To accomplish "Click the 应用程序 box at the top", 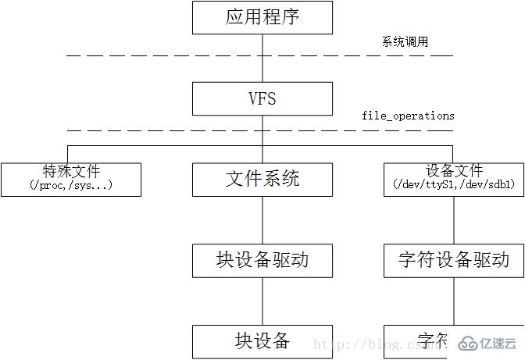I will tap(262, 17).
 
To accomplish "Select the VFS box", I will tap(262, 99).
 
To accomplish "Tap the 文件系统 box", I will tap(262, 179).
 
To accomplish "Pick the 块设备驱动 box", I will tap(262, 260).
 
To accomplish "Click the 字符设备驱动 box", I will tap(453, 260).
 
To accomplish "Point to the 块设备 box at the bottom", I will tap(262, 341).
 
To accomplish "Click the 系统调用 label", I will tap(405, 42).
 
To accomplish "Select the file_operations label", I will tap(407, 116).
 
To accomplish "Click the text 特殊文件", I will tap(71, 171).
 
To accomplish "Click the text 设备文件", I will tap(454, 171).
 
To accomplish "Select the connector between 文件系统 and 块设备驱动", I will tap(262, 219).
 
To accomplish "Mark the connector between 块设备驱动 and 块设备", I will tap(262, 301).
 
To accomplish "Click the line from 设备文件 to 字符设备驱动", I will tap(454, 219).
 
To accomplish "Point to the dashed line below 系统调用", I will tap(195, 55).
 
